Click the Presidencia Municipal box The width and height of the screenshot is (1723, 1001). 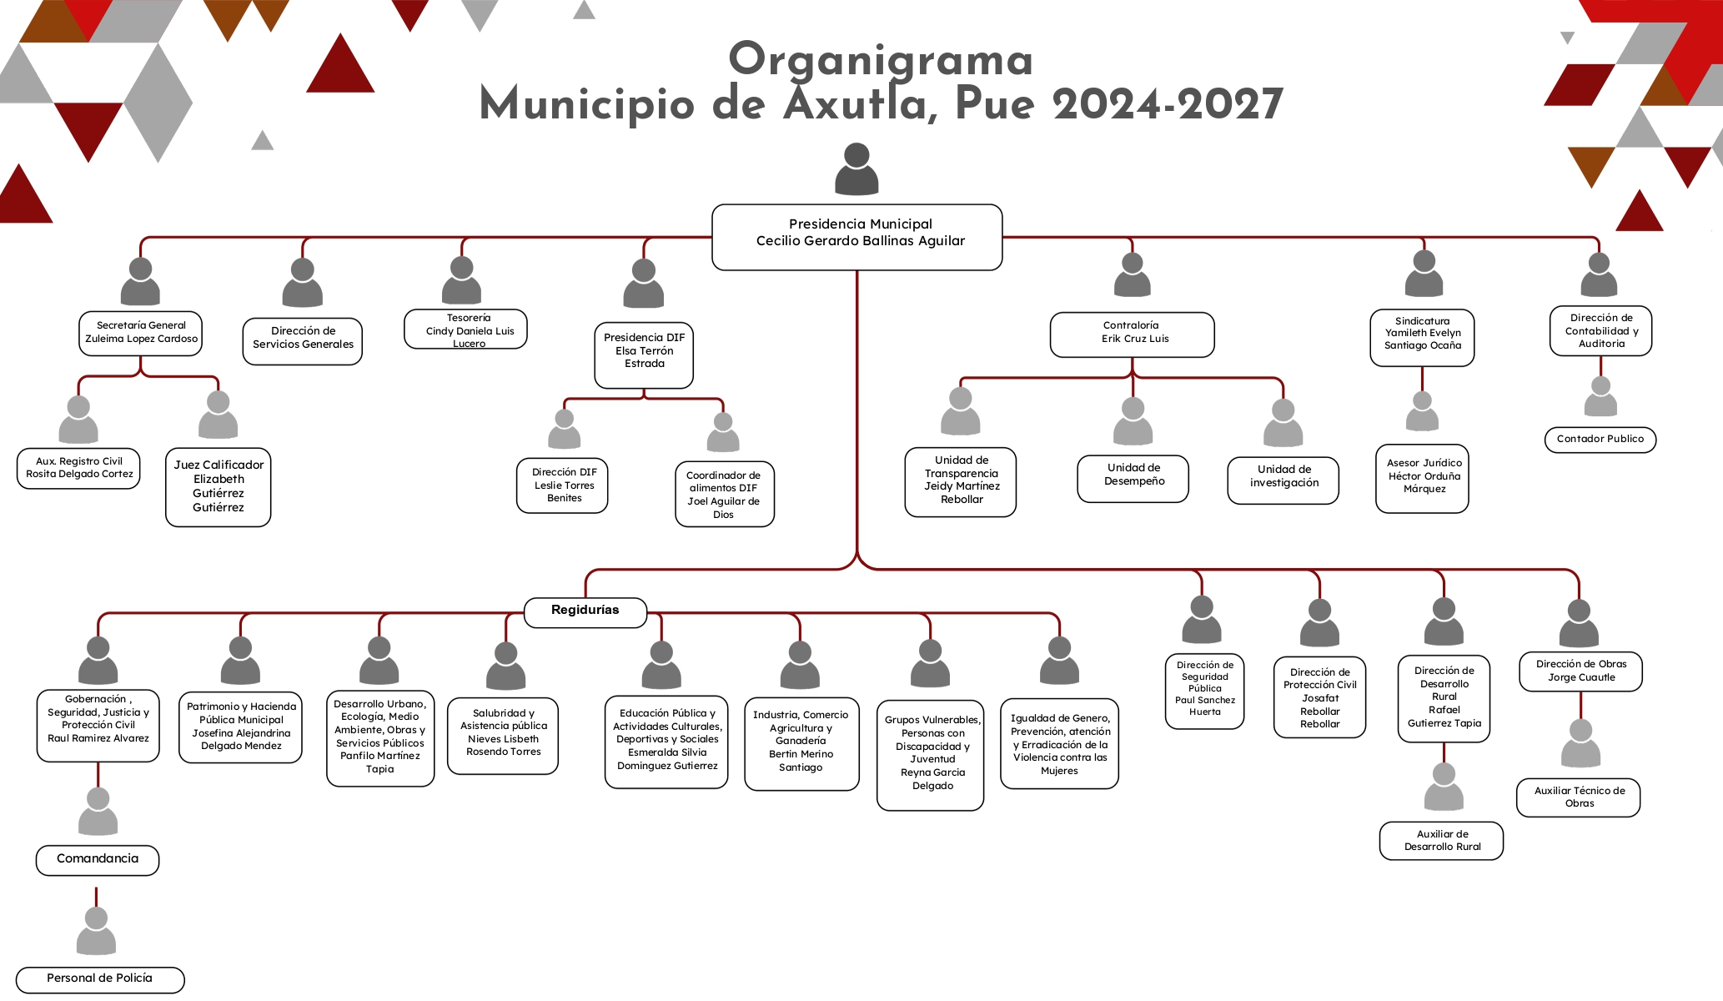pyautogui.click(x=856, y=237)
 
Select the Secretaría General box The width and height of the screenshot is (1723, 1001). pyautogui.click(x=141, y=333)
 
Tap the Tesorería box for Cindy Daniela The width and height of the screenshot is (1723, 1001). pyautogui.click(x=465, y=329)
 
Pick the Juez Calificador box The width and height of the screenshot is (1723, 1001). pyautogui.click(x=219, y=487)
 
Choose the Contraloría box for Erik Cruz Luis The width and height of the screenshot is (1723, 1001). pyautogui.click(x=1132, y=334)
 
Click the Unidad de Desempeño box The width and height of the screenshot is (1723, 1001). pyautogui.click(x=1133, y=478)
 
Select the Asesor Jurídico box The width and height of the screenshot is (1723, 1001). pyautogui.click(x=1422, y=478)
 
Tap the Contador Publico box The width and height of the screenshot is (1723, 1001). pyautogui.click(x=1600, y=440)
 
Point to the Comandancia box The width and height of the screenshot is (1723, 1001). pyautogui.click(x=98, y=859)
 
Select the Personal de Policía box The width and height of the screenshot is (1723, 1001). pyautogui.click(x=100, y=979)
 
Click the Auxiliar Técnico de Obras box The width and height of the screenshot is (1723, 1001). pyautogui.click(x=1578, y=797)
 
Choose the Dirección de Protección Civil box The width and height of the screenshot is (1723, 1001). pyautogui.click(x=1319, y=697)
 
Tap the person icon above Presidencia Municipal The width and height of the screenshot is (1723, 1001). pyautogui.click(x=856, y=169)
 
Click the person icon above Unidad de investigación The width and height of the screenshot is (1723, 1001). pyautogui.click(x=1283, y=422)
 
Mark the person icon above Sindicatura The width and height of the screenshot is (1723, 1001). pyautogui.click(x=1424, y=273)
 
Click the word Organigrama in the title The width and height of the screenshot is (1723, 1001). pyautogui.click(x=881, y=60)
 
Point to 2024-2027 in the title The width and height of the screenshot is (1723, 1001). pyautogui.click(x=1168, y=104)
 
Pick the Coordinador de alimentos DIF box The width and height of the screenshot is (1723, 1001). pyautogui.click(x=724, y=494)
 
